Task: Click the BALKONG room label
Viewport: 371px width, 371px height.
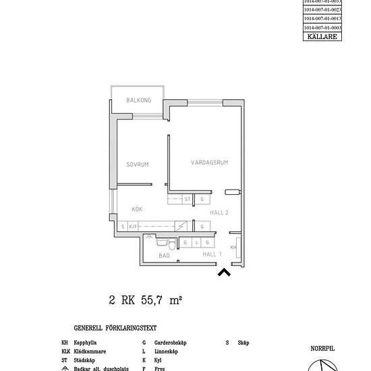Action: click(138, 101)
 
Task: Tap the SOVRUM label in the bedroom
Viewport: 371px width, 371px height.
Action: click(137, 165)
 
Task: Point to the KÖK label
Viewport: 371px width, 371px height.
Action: click(137, 209)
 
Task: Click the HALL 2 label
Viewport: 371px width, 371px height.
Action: click(219, 212)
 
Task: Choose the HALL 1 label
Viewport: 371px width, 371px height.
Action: click(212, 254)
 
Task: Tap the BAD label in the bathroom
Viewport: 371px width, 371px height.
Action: click(164, 256)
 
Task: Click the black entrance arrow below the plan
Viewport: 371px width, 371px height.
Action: click(224, 272)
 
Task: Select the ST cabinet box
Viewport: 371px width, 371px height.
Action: click(188, 200)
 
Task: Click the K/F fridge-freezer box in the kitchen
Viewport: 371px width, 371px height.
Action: click(134, 227)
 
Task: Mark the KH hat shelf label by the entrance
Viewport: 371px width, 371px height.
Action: click(233, 248)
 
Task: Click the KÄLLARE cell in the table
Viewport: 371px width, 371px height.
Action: click(322, 36)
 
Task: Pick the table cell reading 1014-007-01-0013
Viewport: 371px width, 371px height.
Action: click(322, 19)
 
